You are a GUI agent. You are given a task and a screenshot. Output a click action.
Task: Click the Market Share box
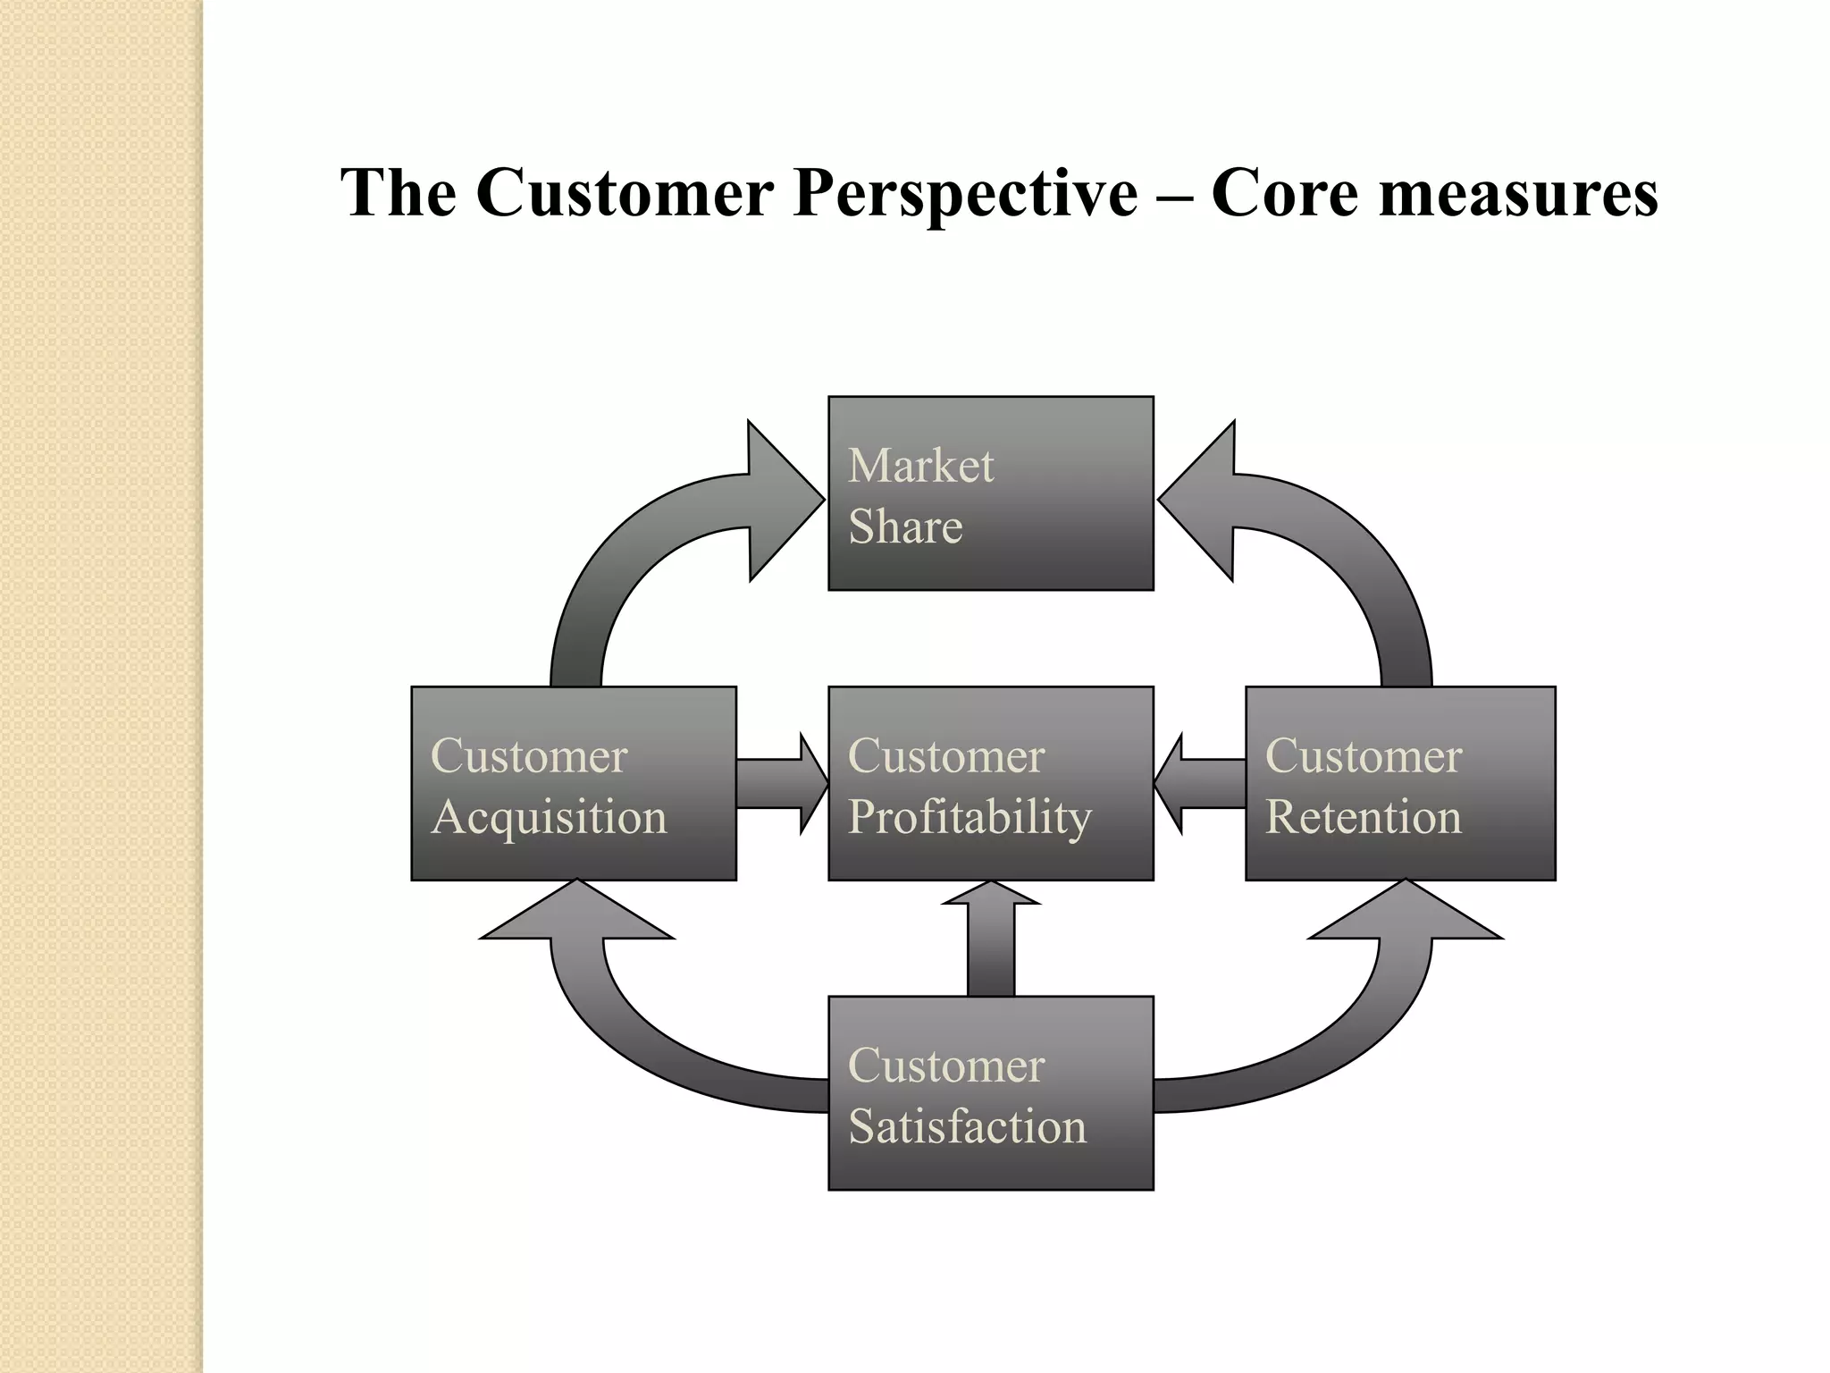[990, 493]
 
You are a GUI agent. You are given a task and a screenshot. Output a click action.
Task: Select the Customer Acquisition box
[573, 783]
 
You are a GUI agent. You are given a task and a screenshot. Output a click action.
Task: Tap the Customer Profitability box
[990, 783]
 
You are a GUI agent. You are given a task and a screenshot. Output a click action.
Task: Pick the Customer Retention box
[1399, 783]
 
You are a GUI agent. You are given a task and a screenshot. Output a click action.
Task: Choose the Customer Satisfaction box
[990, 1092]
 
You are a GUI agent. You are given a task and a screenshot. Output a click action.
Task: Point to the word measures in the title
[1518, 193]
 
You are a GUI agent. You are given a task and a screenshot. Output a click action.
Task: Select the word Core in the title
[1287, 193]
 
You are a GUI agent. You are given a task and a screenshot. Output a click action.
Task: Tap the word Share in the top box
[905, 526]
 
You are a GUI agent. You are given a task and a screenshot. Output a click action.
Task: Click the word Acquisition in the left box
[549, 817]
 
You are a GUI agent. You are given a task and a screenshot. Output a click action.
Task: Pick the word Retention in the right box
[1363, 817]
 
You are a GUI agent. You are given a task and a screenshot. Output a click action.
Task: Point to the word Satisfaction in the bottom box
[967, 1125]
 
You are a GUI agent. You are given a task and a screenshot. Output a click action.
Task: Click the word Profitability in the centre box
[970, 817]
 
